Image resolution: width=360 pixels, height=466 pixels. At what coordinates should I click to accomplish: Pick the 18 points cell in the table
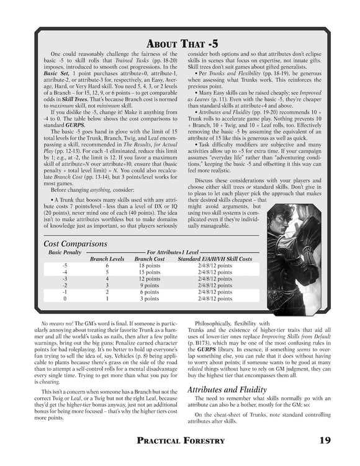pyautogui.click(x=150, y=265)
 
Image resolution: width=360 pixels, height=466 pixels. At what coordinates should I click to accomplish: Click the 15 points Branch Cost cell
pyautogui.click(x=150, y=272)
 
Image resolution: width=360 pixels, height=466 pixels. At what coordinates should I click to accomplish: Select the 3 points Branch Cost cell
pyautogui.click(x=150, y=298)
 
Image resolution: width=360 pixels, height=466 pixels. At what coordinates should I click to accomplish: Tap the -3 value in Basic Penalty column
pyautogui.click(x=65, y=279)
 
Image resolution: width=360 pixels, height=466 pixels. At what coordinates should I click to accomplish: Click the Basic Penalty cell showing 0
pyautogui.click(x=65, y=298)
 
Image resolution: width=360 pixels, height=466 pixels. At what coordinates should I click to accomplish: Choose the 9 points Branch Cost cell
pyautogui.click(x=150, y=285)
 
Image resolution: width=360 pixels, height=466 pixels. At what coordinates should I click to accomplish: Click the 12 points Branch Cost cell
pyautogui.click(x=150, y=279)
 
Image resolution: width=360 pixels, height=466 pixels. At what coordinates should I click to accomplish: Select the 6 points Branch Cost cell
pyautogui.click(x=150, y=292)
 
